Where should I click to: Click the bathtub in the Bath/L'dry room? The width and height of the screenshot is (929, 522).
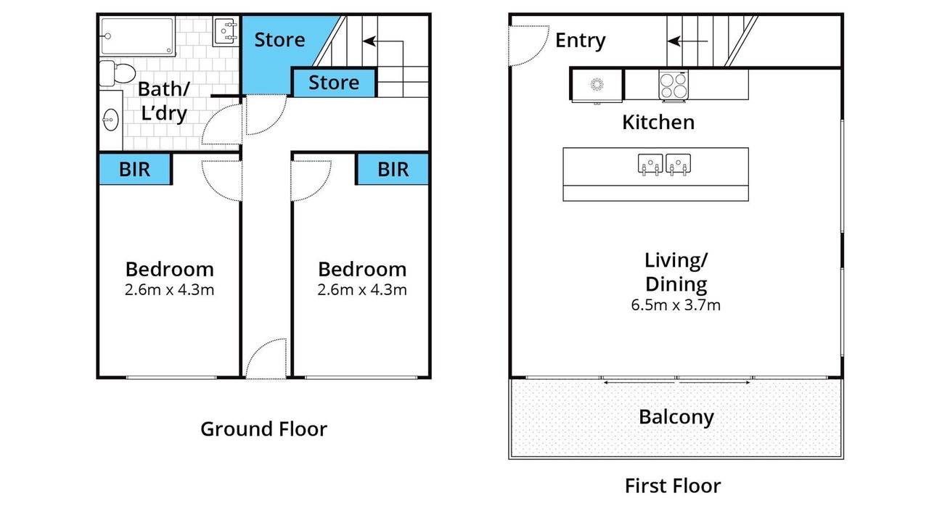pos(137,36)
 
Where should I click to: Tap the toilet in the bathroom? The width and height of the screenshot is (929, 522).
pos(118,73)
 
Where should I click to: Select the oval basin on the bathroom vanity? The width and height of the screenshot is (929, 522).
pos(111,120)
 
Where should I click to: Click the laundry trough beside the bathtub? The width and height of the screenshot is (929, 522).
pos(225,31)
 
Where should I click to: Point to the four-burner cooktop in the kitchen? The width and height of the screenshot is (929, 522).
pos(674,86)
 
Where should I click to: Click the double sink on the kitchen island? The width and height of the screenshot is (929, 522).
pos(664,165)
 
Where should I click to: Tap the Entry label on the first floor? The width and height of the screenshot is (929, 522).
pos(580,41)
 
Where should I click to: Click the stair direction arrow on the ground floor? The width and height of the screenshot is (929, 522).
pos(382,41)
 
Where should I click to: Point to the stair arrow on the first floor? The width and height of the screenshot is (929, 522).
pos(687,41)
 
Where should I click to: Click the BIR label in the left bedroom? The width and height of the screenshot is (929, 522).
pos(134,170)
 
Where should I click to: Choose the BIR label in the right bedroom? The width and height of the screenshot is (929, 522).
pos(393,170)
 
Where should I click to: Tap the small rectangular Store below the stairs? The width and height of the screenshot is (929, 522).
pos(334,83)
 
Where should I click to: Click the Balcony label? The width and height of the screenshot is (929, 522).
pos(676,417)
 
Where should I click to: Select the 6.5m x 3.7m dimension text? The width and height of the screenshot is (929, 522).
pos(676,305)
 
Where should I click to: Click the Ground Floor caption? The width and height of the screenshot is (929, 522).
pos(263,428)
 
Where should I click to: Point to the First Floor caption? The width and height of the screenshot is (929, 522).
pos(673,486)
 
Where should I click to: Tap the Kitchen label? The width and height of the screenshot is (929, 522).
pos(658,123)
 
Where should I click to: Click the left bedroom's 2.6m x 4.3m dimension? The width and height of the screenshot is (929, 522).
pos(169,289)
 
